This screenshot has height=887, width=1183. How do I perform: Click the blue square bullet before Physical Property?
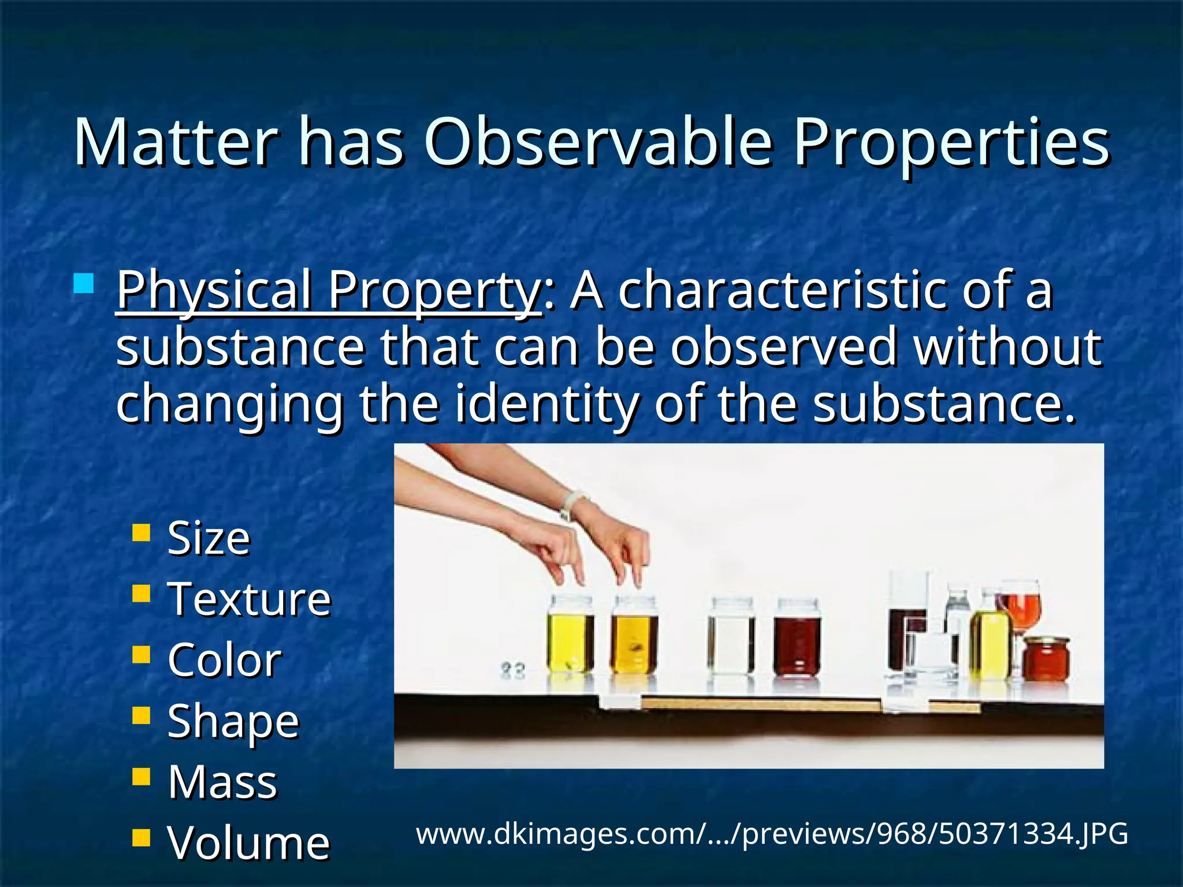pyautogui.click(x=84, y=284)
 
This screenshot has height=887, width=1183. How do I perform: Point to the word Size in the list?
pyautogui.click(x=209, y=538)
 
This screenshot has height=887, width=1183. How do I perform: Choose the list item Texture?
pyautogui.click(x=249, y=599)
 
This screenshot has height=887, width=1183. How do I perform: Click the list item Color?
pyautogui.click(x=224, y=660)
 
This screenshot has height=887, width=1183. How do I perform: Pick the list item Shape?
pyautogui.click(x=233, y=721)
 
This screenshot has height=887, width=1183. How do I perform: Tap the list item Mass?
pyautogui.click(x=222, y=782)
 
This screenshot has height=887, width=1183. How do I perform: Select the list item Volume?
pyautogui.click(x=248, y=843)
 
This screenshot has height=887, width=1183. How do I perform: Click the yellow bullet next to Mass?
pyautogui.click(x=141, y=776)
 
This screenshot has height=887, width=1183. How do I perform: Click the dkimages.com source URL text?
pyautogui.click(x=772, y=834)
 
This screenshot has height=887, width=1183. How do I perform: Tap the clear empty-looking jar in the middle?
pyautogui.click(x=731, y=638)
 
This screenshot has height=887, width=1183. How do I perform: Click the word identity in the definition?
pyautogui.click(x=546, y=404)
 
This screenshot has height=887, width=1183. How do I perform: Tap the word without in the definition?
pyautogui.click(x=1007, y=347)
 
